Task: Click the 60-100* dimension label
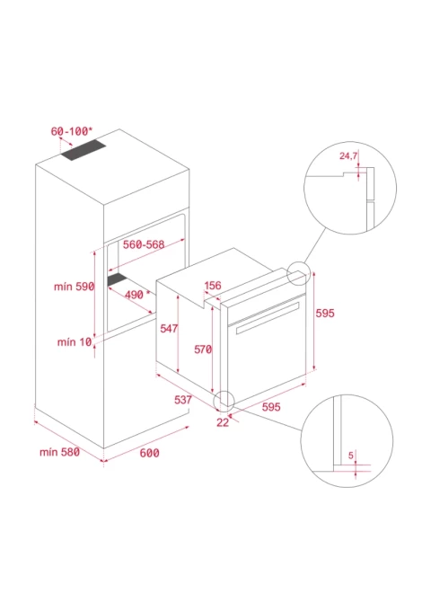pos(72,131)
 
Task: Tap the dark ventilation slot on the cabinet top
pos(83,150)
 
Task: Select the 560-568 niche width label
pos(144,244)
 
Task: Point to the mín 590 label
pos(74,287)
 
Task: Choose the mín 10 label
pos(75,341)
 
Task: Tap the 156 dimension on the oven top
pos(213,285)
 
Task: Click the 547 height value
pos(169,328)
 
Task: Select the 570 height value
pos(203,350)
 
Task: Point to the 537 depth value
pos(183,400)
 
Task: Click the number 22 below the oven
pos(223,422)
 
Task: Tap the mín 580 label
pos(59,452)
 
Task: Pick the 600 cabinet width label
pos(149,453)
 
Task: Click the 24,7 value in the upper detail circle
pos(348,155)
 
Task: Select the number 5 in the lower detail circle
pos(351,456)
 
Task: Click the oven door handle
pos(268,318)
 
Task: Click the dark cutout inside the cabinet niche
pos(117,279)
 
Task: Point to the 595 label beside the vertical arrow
pos(325,314)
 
